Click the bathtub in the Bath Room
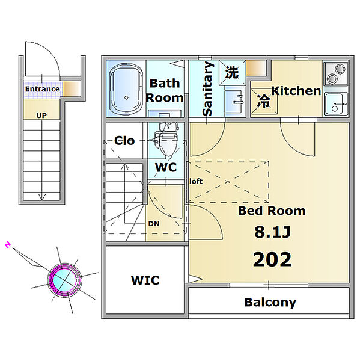[x=126, y=89]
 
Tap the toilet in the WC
[x=166, y=139]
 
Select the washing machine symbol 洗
[x=232, y=73]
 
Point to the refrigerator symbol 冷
[x=263, y=101]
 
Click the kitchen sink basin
[x=335, y=103]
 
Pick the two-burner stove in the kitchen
[x=335, y=74]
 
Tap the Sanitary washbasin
[x=235, y=100]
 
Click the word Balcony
[x=270, y=303]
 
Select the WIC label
[x=145, y=280]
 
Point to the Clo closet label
[x=124, y=141]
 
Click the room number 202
[x=272, y=259]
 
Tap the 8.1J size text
[x=272, y=232]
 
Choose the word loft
[x=196, y=181]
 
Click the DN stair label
[x=154, y=224]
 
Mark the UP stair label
[x=41, y=116]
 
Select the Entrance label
[x=42, y=89]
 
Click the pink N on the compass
[x=8, y=245]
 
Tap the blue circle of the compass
[x=64, y=280]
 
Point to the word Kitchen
[x=296, y=91]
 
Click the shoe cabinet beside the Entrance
[x=72, y=88]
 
